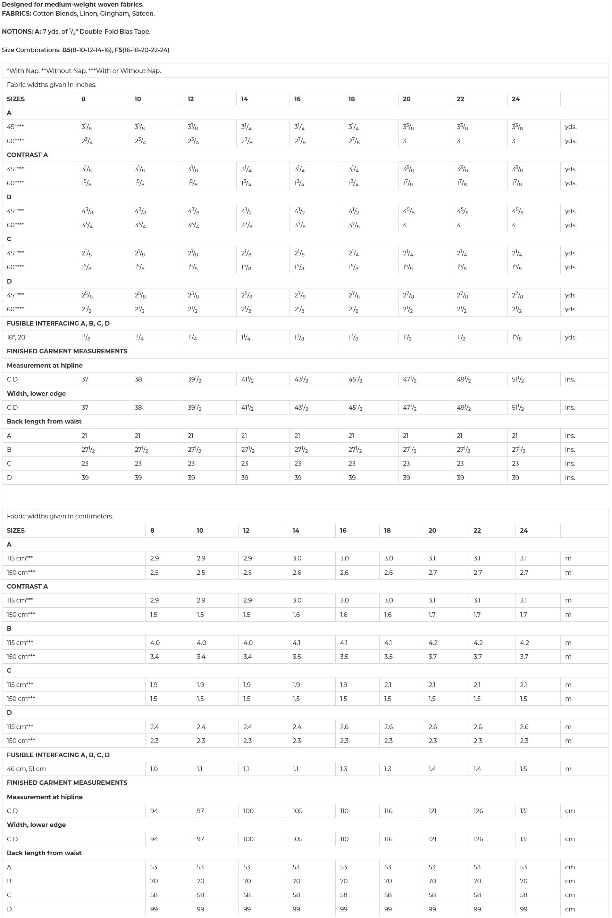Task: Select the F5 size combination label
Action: pyautogui.click(x=118, y=50)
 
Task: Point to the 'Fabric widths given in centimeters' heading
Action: pyautogui.click(x=60, y=516)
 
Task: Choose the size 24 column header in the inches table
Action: pyautogui.click(x=515, y=99)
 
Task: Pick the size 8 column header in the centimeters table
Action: pyautogui.click(x=152, y=531)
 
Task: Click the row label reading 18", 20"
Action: pyautogui.click(x=17, y=337)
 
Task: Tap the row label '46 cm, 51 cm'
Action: pyautogui.click(x=26, y=769)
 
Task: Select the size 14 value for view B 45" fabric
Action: pyautogui.click(x=246, y=211)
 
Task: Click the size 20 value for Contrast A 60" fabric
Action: pyautogui.click(x=408, y=183)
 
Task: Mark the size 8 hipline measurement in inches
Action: pyautogui.click(x=85, y=379)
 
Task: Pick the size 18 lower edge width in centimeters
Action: pyautogui.click(x=388, y=839)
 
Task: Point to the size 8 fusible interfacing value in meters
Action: pyautogui.click(x=154, y=769)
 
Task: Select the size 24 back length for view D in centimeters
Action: pyautogui.click(x=523, y=909)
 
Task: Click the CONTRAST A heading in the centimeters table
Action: pyautogui.click(x=27, y=587)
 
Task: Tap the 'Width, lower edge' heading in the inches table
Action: pyautogui.click(x=36, y=393)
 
